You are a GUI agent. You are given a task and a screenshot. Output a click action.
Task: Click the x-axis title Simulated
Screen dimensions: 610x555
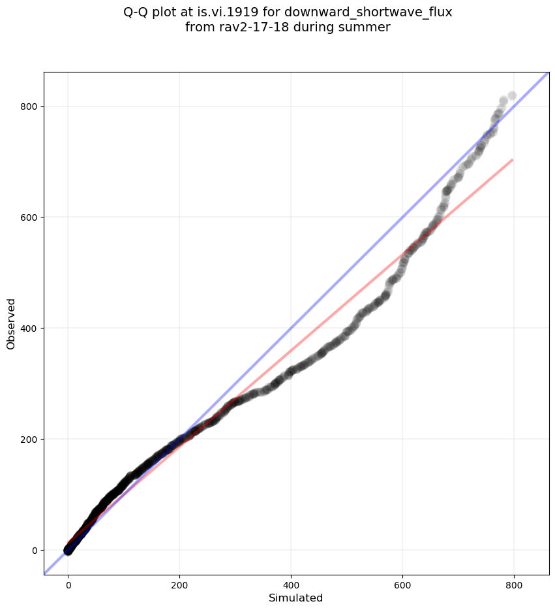296,598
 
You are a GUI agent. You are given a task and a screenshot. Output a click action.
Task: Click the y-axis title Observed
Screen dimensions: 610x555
11,323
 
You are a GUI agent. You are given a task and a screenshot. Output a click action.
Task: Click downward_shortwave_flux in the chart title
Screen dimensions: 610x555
368,12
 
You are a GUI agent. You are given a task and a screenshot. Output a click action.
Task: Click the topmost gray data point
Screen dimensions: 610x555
512,96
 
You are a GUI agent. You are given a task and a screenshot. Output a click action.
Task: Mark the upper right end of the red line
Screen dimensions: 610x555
513,159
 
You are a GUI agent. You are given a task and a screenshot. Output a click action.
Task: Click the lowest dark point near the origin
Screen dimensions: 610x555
68,551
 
